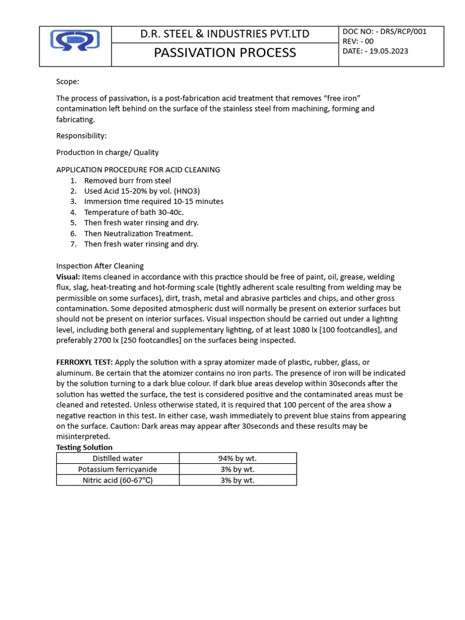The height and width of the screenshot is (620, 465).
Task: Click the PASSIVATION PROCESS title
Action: [x=225, y=53]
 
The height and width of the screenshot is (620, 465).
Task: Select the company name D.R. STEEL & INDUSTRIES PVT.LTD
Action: [x=225, y=34]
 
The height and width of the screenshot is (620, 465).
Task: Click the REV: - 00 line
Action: [x=358, y=41]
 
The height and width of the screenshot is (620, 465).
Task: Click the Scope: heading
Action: [x=68, y=81]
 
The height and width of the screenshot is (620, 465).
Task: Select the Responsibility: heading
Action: [x=81, y=136]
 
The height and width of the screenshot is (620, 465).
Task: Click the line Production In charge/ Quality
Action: [x=107, y=153]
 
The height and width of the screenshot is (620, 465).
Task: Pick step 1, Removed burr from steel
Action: [x=127, y=180]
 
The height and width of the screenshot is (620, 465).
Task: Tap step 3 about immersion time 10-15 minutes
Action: [x=153, y=202]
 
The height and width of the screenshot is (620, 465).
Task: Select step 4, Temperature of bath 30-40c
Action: [x=134, y=212]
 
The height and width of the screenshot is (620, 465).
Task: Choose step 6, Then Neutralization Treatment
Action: [x=138, y=233]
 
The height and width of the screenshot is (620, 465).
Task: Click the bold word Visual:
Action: [x=68, y=276]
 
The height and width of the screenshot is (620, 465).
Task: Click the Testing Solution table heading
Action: [x=84, y=447]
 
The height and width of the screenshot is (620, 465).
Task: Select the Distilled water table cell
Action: [x=117, y=458]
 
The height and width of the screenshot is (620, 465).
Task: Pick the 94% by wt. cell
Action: [x=237, y=458]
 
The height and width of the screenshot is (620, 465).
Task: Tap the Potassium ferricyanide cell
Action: [x=117, y=469]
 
